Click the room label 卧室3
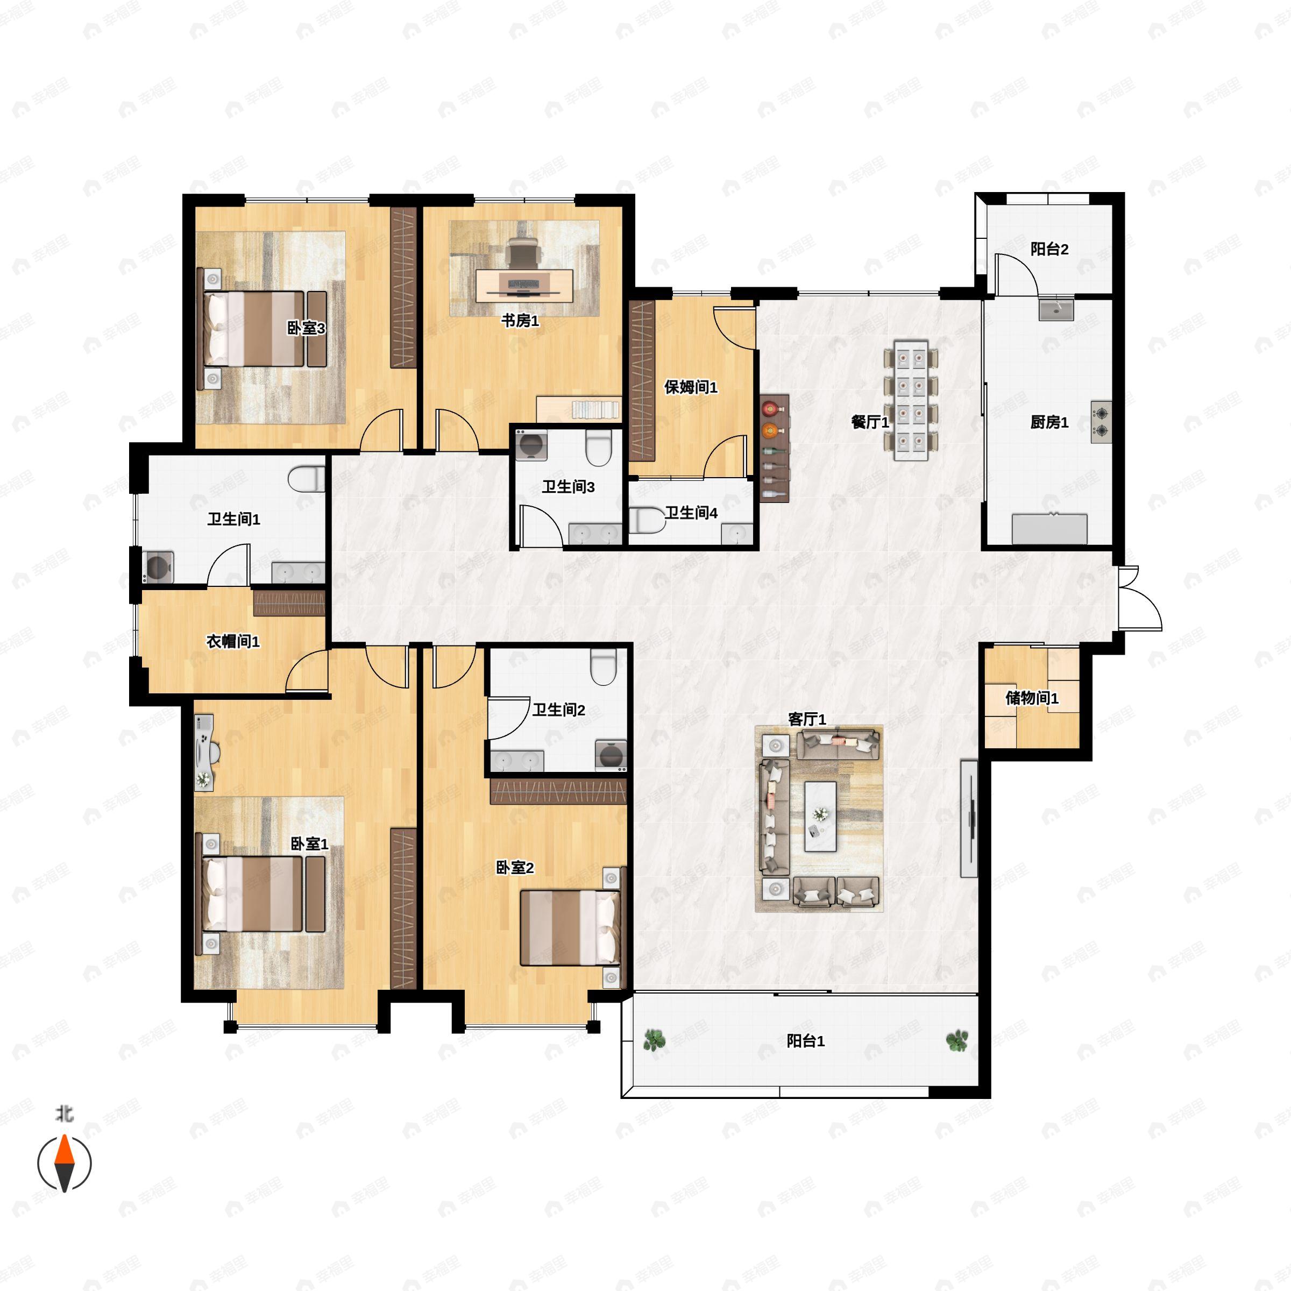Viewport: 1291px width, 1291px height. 306,328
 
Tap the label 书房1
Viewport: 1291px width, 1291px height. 520,321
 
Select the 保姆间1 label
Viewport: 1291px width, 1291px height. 690,387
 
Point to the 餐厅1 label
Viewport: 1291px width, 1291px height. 870,422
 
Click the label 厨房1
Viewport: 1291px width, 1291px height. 1049,422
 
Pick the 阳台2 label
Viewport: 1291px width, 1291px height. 1049,249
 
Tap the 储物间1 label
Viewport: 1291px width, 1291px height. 1032,698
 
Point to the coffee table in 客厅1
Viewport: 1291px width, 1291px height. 820,816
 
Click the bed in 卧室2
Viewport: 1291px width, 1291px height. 571,927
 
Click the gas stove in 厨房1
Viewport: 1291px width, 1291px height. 1101,422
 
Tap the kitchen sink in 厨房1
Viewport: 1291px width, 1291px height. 1056,310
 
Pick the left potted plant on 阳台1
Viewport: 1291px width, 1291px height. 654,1040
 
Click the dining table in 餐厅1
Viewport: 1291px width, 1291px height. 911,400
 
